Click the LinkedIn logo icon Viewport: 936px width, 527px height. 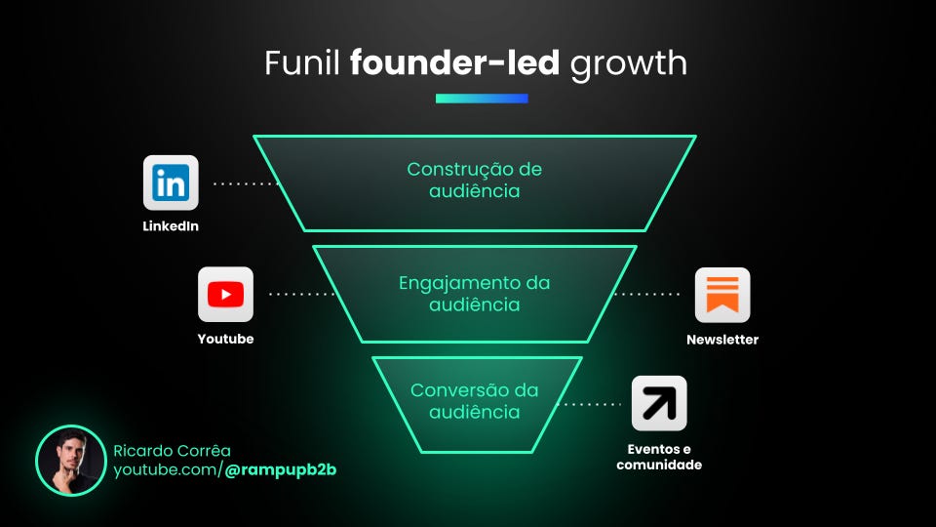click(171, 182)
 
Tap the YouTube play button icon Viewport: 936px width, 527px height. click(225, 294)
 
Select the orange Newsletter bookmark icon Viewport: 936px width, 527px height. click(722, 294)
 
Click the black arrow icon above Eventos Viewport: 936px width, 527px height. click(659, 403)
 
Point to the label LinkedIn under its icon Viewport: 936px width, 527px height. click(171, 226)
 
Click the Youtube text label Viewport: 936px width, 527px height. click(225, 339)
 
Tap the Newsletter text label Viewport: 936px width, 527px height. click(722, 340)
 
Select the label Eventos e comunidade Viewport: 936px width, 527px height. click(659, 458)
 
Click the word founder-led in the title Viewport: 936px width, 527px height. click(454, 63)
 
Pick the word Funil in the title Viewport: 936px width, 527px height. click(303, 63)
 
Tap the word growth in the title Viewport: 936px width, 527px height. click(629, 63)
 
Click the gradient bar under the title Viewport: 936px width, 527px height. click(482, 99)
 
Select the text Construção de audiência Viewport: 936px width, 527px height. click(475, 181)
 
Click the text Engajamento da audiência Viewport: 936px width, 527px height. click(475, 294)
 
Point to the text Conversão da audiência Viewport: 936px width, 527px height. click(475, 401)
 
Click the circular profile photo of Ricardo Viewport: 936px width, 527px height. click(70, 461)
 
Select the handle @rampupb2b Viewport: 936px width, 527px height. click(281, 470)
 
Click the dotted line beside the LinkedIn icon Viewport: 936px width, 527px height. click(246, 183)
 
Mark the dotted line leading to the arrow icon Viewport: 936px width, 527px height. click(593, 403)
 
